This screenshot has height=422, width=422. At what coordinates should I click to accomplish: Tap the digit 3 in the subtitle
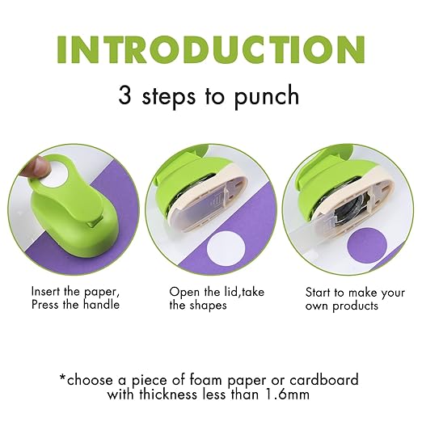click(x=125, y=95)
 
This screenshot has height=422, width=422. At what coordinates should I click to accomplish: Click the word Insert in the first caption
click(x=46, y=291)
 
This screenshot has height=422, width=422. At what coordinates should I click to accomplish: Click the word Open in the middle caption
click(x=183, y=291)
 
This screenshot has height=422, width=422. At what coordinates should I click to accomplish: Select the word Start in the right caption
click(x=319, y=291)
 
